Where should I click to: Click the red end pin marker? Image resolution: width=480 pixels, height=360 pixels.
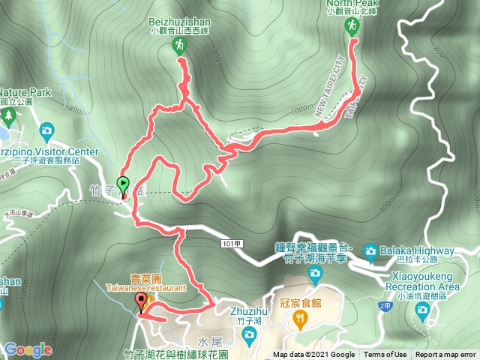tap(141, 303)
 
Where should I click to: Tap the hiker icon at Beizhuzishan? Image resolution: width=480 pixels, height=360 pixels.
tap(179, 46)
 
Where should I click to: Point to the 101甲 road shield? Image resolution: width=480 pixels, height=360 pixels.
tap(232, 244)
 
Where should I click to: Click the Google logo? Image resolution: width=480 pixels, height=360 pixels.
tap(28, 349)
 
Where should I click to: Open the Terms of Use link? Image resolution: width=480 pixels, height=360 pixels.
tap(385, 355)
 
